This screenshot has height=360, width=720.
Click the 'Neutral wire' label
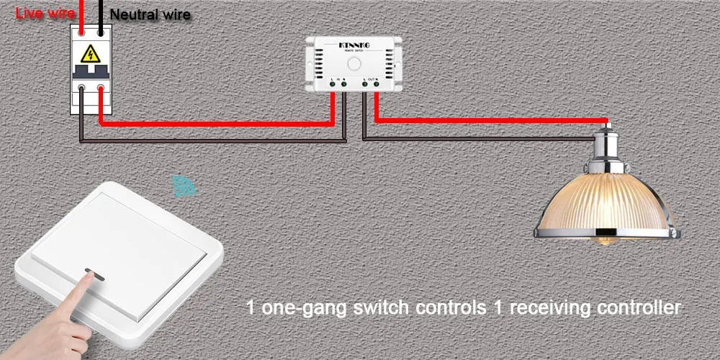coord(150,14)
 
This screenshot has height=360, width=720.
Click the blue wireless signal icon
coord(184,186)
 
